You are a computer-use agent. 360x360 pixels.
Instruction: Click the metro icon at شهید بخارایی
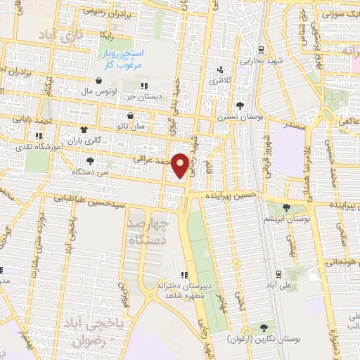coord(261,50)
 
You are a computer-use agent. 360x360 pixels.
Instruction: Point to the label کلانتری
coord(219,79)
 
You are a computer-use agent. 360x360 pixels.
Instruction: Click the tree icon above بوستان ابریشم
coord(285,207)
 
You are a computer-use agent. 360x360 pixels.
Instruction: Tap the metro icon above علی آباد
coord(279,274)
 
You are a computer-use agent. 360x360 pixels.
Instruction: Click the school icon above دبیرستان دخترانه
coord(184,275)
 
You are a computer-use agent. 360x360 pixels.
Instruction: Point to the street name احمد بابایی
coord(37,122)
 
